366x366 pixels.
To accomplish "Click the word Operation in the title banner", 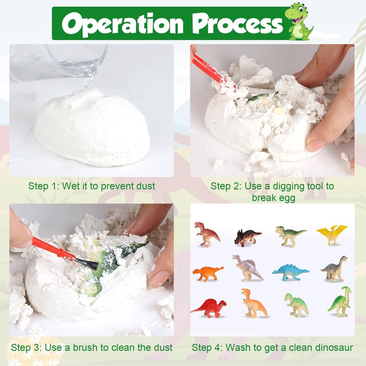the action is point(123,24).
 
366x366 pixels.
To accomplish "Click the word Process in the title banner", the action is point(237,23).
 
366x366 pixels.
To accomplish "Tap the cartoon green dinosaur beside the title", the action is point(299,21).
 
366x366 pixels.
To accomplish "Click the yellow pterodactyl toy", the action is point(332,235).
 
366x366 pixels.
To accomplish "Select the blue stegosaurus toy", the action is point(290,272).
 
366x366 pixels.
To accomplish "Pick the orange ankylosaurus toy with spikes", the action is point(208,273).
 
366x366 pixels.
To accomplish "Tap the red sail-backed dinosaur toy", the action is point(209,308).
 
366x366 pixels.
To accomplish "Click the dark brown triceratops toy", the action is point(248,237).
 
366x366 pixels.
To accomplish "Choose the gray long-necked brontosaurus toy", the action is point(334,269).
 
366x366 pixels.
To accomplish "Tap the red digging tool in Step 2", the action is point(209,69).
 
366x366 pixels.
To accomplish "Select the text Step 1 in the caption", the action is point(44,186).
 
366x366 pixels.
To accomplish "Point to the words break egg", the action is point(273,198).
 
